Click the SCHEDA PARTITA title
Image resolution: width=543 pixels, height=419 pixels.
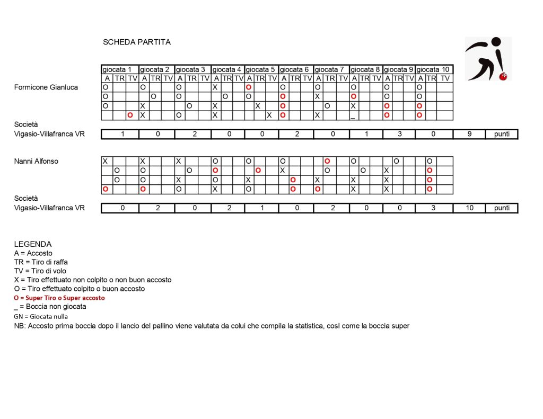pyautogui.click(x=137, y=42)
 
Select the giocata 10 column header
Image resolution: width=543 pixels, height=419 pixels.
pyautogui.click(x=433, y=69)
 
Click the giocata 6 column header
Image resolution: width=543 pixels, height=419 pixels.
pyautogui.click(x=295, y=69)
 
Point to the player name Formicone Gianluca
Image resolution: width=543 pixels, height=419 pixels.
pyautogui.click(x=46, y=87)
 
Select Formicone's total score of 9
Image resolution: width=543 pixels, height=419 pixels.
pyautogui.click(x=469, y=134)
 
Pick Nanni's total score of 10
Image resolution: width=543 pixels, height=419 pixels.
pyautogui.click(x=469, y=208)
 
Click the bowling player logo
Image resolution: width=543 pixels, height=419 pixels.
pyautogui.click(x=488, y=58)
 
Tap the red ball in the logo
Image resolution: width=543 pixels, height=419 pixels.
pyautogui.click(x=503, y=76)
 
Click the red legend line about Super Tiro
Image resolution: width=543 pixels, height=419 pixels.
pyautogui.click(x=59, y=298)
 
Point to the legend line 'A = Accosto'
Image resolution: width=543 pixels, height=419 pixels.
pyautogui.click(x=33, y=253)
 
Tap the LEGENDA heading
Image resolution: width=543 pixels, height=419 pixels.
pyautogui.click(x=33, y=244)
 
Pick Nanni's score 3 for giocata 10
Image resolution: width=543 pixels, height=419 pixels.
pyautogui.click(x=434, y=208)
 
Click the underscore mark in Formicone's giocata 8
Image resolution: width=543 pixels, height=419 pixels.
pyautogui.click(x=353, y=117)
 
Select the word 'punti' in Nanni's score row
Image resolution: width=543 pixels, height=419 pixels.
pyautogui.click(x=502, y=208)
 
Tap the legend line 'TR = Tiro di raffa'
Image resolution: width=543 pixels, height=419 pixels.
pyautogui.click(x=41, y=262)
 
